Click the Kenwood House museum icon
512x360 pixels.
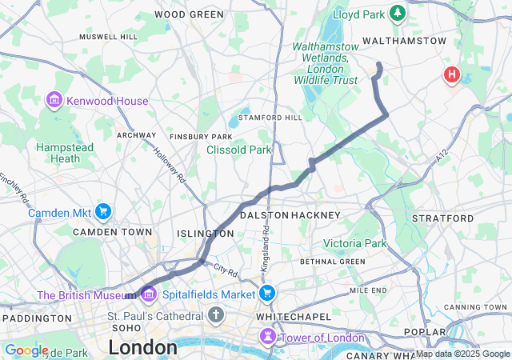54,101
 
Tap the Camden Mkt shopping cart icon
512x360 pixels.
102,212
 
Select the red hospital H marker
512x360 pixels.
452,75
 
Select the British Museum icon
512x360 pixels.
148,296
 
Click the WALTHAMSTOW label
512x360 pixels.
404,40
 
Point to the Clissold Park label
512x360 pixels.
239,150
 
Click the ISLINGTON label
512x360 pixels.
206,234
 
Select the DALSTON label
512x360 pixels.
264,215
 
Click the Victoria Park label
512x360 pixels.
354,243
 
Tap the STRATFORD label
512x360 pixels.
442,218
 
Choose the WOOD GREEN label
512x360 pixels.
189,14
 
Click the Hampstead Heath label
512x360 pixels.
65,153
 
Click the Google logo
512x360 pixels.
26,350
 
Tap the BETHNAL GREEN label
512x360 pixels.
332,262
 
